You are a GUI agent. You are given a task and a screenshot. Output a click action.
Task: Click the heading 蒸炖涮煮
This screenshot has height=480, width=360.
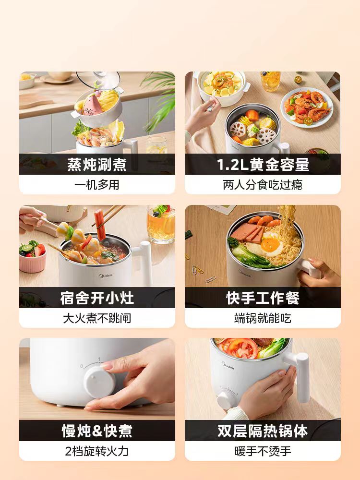click(97, 164)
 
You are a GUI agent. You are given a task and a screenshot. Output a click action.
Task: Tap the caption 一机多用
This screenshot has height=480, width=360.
click(97, 185)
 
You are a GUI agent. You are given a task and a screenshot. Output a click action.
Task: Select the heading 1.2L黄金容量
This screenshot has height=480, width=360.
click(263, 164)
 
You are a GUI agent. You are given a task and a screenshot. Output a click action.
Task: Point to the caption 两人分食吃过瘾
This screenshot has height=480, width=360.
click(263, 185)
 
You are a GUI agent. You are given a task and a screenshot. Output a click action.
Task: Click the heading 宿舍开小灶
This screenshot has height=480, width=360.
click(97, 298)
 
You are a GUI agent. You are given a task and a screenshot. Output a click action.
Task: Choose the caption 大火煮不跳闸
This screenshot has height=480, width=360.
click(97, 318)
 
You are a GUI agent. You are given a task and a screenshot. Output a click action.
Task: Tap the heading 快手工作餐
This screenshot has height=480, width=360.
click(263, 298)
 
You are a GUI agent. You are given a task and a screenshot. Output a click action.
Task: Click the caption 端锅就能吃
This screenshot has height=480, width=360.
click(263, 318)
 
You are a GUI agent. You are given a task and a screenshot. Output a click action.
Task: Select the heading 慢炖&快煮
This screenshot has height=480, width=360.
click(97, 431)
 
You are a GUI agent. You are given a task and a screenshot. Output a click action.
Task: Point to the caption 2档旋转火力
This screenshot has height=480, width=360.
click(97, 451)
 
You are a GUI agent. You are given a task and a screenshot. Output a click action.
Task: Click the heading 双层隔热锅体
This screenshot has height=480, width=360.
click(263, 431)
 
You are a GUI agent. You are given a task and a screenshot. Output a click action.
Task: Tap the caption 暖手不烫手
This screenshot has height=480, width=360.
click(263, 451)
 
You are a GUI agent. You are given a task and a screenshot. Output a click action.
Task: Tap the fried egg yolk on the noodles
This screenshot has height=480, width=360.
click(270, 245)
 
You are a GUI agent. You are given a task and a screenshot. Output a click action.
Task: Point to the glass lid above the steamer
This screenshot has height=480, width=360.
click(98, 80)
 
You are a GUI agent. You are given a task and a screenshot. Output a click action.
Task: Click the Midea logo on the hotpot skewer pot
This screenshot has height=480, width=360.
click(106, 276)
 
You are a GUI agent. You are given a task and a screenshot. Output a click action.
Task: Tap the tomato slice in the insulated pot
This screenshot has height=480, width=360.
click(242, 348)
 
